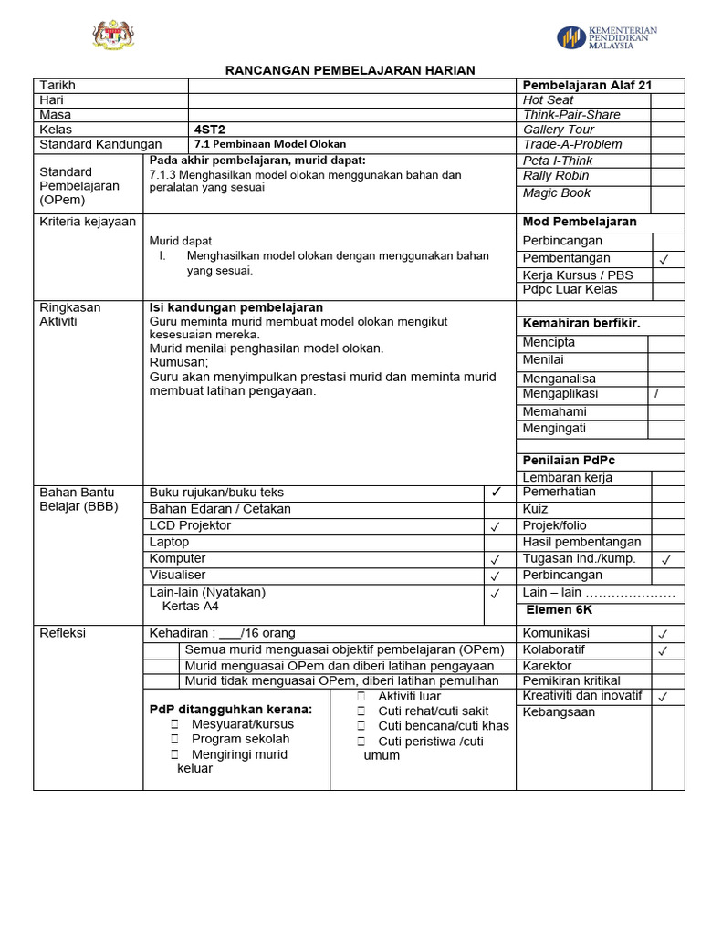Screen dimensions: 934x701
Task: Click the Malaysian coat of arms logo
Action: [114, 36]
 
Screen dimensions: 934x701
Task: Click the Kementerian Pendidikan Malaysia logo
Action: [607, 37]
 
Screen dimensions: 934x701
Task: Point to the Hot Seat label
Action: [548, 100]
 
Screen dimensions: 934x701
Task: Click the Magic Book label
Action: [557, 193]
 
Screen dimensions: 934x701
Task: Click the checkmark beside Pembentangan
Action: [664, 259]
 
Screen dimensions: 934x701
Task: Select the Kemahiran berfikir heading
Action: [581, 323]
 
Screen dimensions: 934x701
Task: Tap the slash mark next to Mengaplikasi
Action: [655, 394]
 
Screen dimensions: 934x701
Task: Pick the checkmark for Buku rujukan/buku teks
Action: [496, 493]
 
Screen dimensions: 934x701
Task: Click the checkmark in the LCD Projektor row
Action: [495, 526]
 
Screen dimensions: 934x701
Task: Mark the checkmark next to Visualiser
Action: [495, 576]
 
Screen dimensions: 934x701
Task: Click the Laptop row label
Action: [169, 542]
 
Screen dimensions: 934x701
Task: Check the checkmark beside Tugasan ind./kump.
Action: [666, 559]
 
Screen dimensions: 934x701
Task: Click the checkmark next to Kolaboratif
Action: [664, 650]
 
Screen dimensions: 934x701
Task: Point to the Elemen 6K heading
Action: [559, 609]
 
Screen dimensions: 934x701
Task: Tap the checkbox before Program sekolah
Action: [174, 739]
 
